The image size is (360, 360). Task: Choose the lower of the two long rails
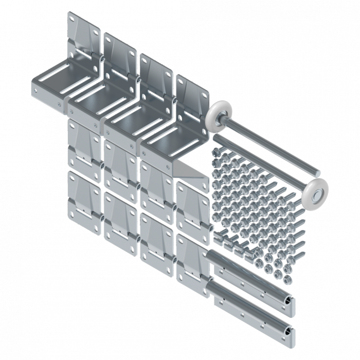tap(255, 312)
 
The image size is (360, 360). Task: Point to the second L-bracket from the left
tap(103, 98)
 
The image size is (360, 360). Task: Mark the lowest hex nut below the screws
tap(286, 279)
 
